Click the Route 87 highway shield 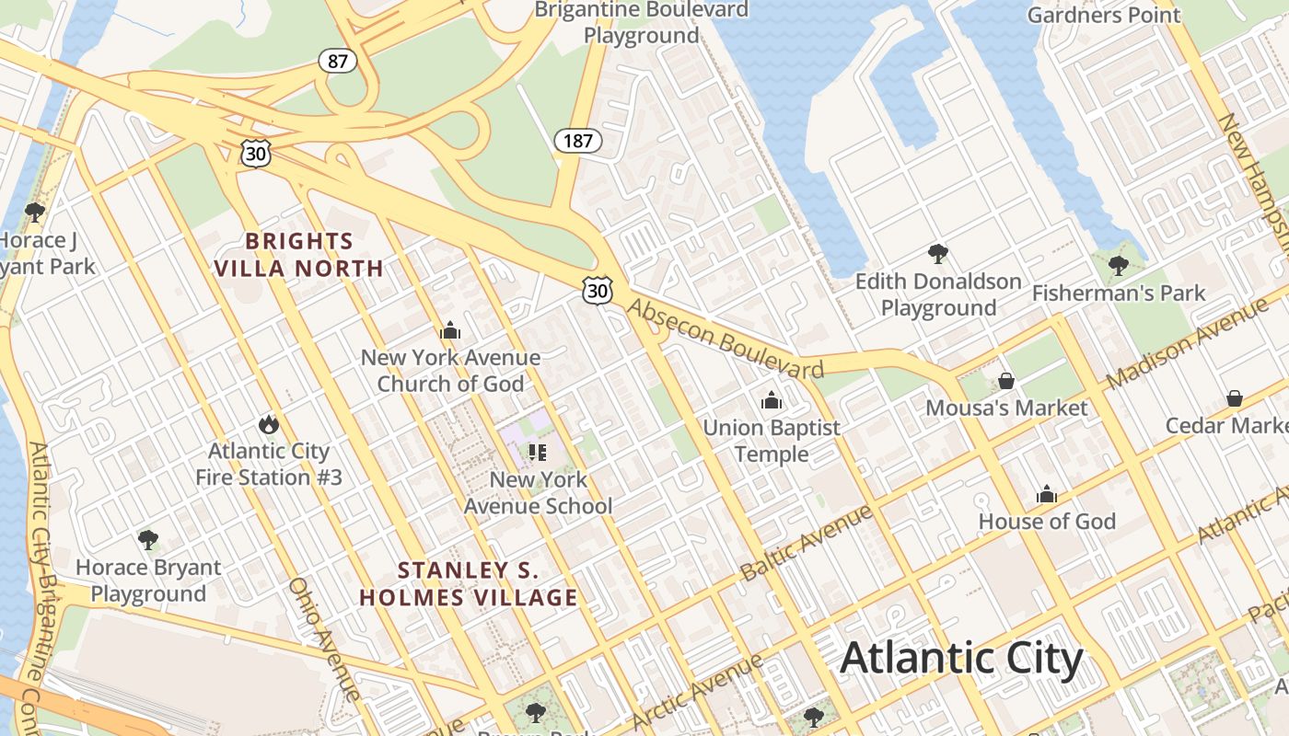[x=338, y=61]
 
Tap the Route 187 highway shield [x=577, y=141]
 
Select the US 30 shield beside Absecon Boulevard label [x=598, y=291]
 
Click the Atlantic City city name [x=961, y=659]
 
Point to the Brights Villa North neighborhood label [x=298, y=255]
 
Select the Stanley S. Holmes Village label [x=468, y=584]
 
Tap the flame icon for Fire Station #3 [x=268, y=424]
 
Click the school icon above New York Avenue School [x=538, y=452]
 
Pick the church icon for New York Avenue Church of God [x=450, y=330]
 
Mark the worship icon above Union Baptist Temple [x=772, y=400]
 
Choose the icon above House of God [x=1047, y=495]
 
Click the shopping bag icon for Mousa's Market [x=1006, y=380]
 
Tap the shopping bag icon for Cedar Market [x=1235, y=398]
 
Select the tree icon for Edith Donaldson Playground [x=938, y=253]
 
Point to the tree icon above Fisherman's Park [x=1119, y=266]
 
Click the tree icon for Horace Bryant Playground [x=148, y=539]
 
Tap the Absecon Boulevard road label [x=725, y=339]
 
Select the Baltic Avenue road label [x=806, y=542]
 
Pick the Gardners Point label [x=1103, y=15]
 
